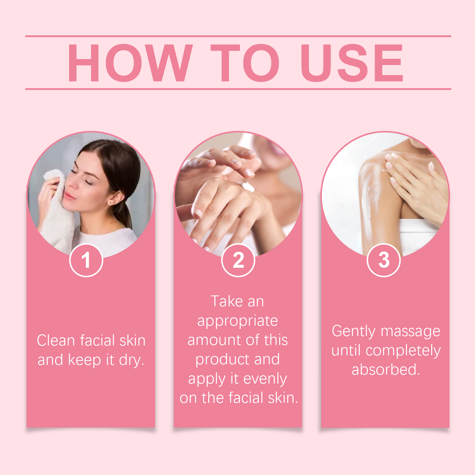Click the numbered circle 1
pyautogui.click(x=86, y=260)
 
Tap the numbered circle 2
pyautogui.click(x=238, y=260)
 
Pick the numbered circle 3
pyautogui.click(x=384, y=260)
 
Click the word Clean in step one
pyautogui.click(x=56, y=341)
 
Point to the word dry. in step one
pyautogui.click(x=131, y=360)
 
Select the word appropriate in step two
pyautogui.click(x=237, y=321)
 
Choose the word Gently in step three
pyautogui.click(x=353, y=331)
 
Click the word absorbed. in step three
pyautogui.click(x=386, y=369)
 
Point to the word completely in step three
pyautogui.click(x=403, y=351)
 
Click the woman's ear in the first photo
pyautogui.click(x=116, y=198)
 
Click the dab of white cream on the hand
pyautogui.click(x=249, y=187)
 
